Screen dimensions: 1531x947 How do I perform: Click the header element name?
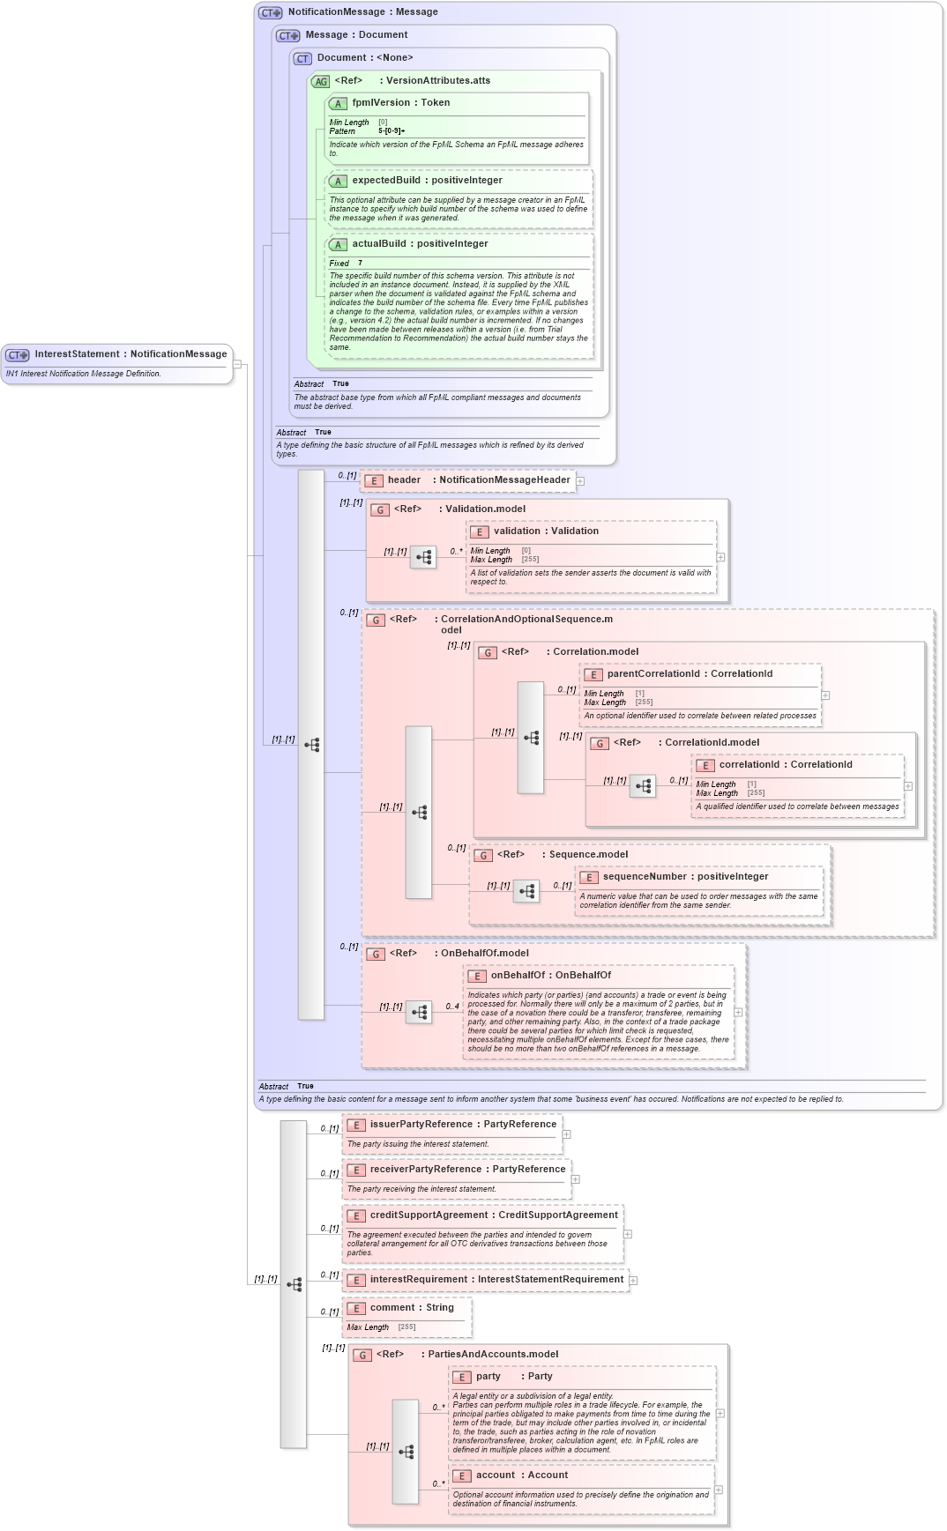[404, 480]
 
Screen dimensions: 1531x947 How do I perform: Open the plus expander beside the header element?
[580, 481]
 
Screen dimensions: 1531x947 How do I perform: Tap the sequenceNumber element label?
[685, 877]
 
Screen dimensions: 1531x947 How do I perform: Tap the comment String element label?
[412, 1308]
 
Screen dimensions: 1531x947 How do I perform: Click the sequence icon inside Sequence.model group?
[526, 891]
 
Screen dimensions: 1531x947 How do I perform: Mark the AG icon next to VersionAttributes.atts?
[321, 82]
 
